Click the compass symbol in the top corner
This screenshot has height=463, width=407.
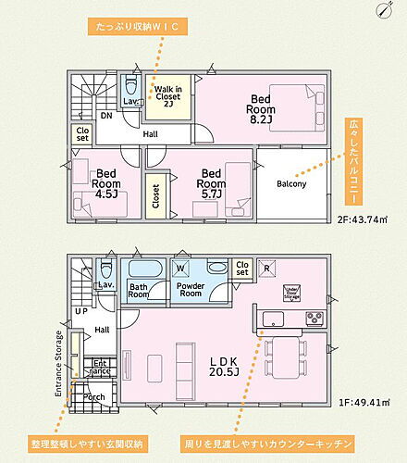tap(385, 10)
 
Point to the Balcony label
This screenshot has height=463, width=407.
tap(291, 183)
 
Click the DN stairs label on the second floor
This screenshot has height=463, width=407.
tap(106, 117)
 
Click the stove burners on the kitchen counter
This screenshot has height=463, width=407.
tap(314, 319)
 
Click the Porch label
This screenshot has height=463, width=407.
tap(93, 397)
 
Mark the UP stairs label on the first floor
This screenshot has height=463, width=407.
tap(81, 311)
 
